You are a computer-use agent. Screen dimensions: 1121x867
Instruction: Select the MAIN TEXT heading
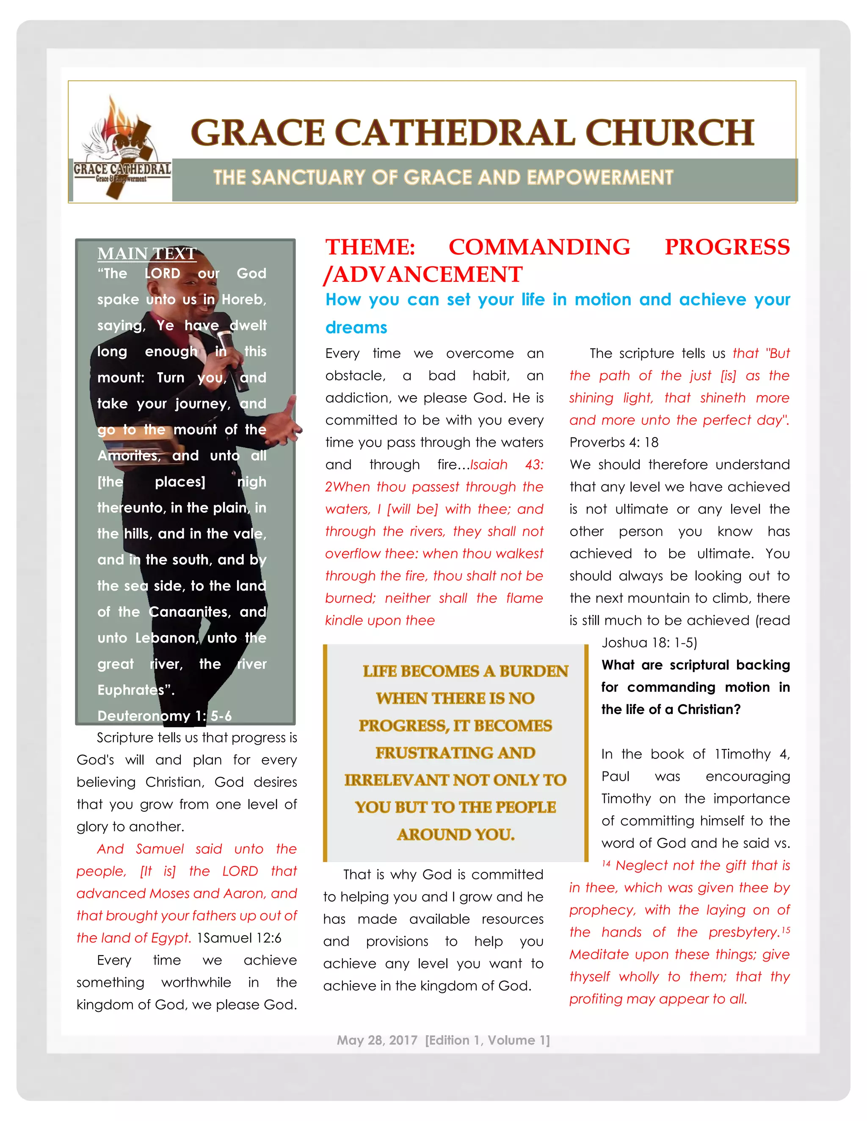pos(147,253)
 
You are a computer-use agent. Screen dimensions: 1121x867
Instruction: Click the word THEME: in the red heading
pos(370,247)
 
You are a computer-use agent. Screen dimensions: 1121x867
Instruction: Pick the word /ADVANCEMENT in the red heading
pos(423,275)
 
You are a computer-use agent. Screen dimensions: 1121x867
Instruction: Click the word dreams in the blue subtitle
pos(356,327)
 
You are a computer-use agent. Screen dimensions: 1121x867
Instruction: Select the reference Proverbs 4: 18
pos(614,442)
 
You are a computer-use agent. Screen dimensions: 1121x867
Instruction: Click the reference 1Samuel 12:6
pos(239,938)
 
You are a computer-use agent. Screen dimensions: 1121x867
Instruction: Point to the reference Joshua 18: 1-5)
pos(649,643)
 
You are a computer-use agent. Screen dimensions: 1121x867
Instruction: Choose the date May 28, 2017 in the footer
pos(377,1041)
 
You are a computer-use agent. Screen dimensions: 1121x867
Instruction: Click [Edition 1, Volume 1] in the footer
pos(487,1041)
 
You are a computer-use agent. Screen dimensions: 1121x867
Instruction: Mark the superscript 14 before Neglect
pos(606,864)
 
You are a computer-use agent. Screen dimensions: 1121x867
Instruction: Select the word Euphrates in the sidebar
pos(132,690)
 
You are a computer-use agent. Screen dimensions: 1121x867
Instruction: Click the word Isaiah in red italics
pos(489,465)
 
